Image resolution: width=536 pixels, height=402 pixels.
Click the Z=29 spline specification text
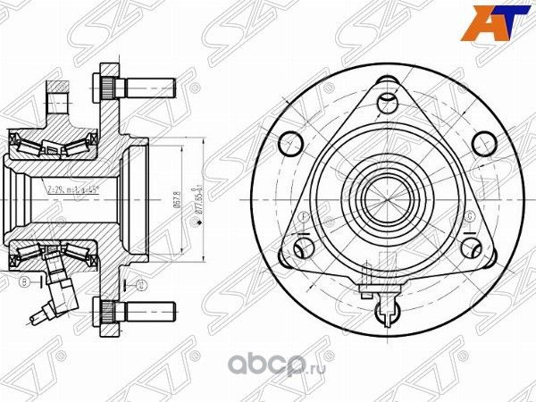coord(72,190)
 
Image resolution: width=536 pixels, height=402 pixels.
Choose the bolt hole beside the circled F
coord(289,255)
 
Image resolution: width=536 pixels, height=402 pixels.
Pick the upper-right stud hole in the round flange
coord(482,141)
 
